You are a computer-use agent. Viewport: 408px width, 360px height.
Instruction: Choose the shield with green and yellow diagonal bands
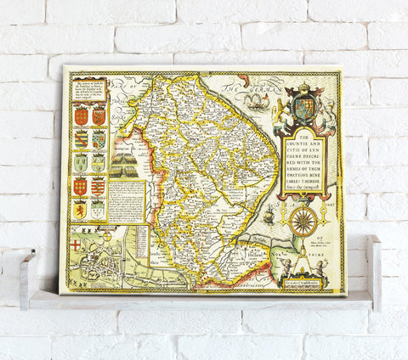(x=82, y=138)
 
